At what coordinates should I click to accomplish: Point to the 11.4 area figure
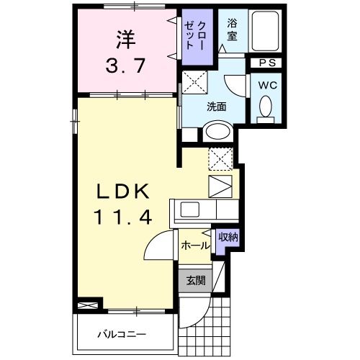click(x=123, y=217)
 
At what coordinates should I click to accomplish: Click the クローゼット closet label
click(x=194, y=33)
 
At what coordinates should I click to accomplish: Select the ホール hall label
click(x=194, y=246)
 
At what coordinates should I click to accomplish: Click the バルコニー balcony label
click(x=122, y=335)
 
